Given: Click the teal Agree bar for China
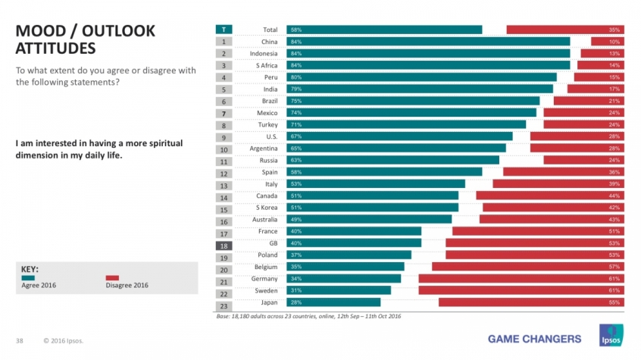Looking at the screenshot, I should [x=428, y=42].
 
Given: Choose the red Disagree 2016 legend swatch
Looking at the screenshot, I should [x=112, y=277].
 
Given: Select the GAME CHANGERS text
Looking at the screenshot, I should [x=535, y=338].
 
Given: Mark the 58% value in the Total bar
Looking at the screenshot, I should [x=295, y=30].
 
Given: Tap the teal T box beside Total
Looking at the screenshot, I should [x=224, y=30].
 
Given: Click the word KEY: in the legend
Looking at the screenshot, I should [x=30, y=268].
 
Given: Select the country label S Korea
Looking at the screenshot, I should [x=266, y=208].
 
